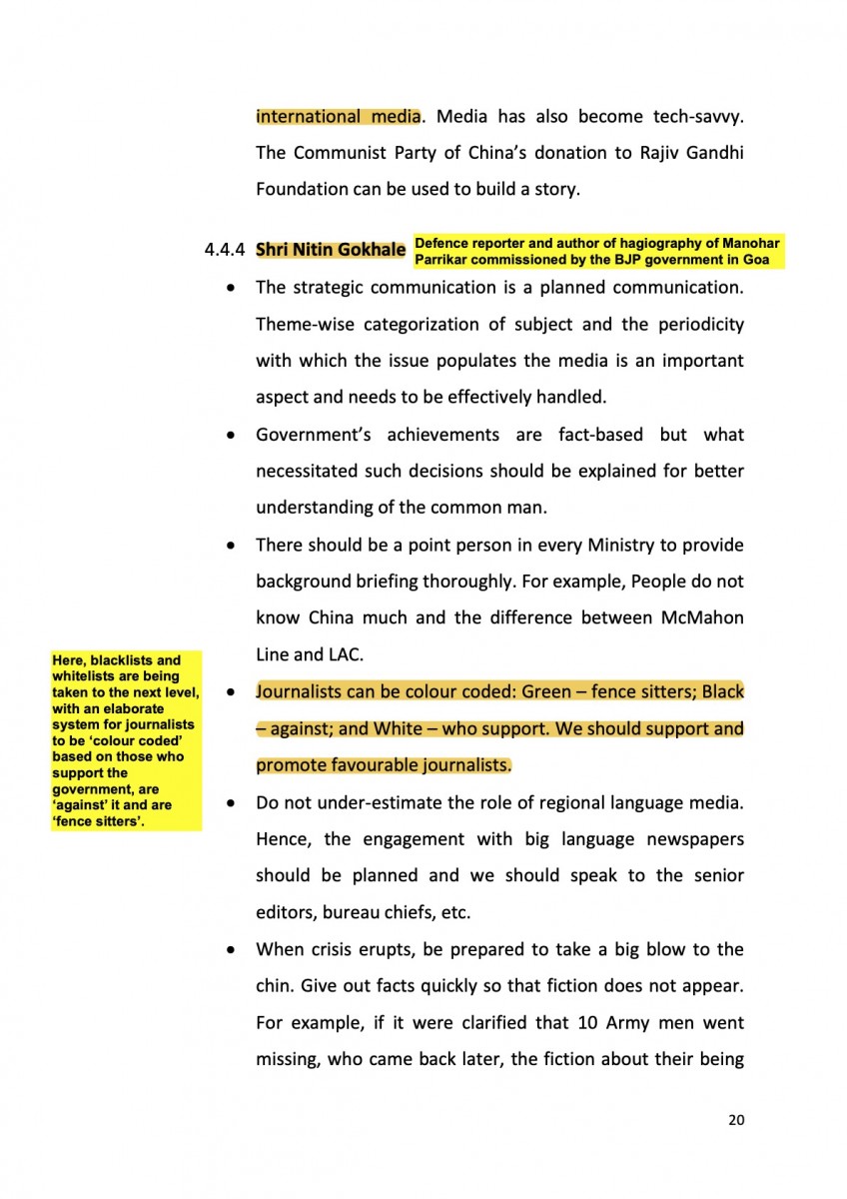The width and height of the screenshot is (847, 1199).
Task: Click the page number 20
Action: point(736,1120)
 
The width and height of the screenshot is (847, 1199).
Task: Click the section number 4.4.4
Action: point(226,250)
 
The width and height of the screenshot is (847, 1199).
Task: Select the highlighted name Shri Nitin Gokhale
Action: point(331,249)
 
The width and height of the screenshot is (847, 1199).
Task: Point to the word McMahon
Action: point(703,617)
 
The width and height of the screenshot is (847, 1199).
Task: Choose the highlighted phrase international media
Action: point(338,116)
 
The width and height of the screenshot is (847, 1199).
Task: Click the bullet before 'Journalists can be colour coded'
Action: point(232,692)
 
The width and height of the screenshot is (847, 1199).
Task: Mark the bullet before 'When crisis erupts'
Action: point(232,949)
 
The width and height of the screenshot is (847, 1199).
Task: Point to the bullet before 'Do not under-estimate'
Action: point(232,803)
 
